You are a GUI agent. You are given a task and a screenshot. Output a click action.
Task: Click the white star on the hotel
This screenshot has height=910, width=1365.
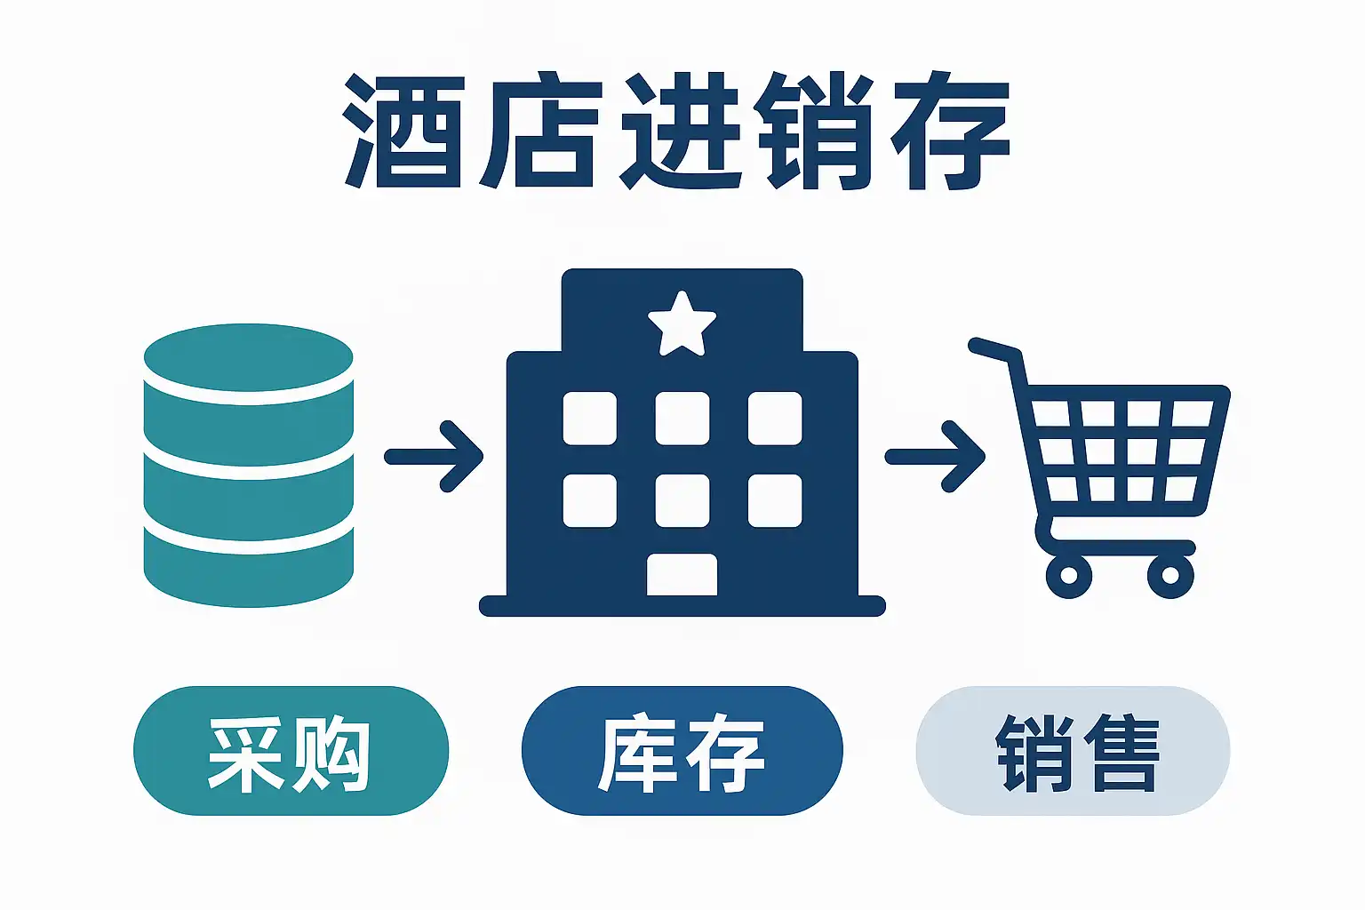point(682,323)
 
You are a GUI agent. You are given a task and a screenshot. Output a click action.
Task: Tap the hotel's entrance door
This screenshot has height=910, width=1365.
point(682,574)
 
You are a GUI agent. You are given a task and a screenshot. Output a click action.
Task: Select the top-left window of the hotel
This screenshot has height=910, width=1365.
point(590,418)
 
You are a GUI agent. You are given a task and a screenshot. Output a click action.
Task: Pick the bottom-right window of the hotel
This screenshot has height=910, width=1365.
point(775,500)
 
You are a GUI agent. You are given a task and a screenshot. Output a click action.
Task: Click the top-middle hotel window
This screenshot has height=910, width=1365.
point(682,418)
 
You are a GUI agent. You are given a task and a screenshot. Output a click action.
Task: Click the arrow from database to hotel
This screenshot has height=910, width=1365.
point(435,457)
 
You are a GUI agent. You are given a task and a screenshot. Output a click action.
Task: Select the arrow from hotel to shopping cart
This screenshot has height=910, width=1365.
point(936,457)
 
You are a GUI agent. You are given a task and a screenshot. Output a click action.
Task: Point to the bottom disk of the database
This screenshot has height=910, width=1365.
point(249,569)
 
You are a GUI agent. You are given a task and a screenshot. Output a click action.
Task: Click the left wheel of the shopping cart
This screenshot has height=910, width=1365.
point(1069,575)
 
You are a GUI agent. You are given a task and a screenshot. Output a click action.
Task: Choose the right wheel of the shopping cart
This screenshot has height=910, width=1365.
point(1170,575)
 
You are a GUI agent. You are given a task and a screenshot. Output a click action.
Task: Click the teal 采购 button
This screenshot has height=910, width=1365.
point(291,751)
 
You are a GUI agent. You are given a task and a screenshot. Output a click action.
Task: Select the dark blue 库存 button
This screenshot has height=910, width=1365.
point(682,751)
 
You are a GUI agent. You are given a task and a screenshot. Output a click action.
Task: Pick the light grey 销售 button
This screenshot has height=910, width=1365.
point(1073,751)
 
